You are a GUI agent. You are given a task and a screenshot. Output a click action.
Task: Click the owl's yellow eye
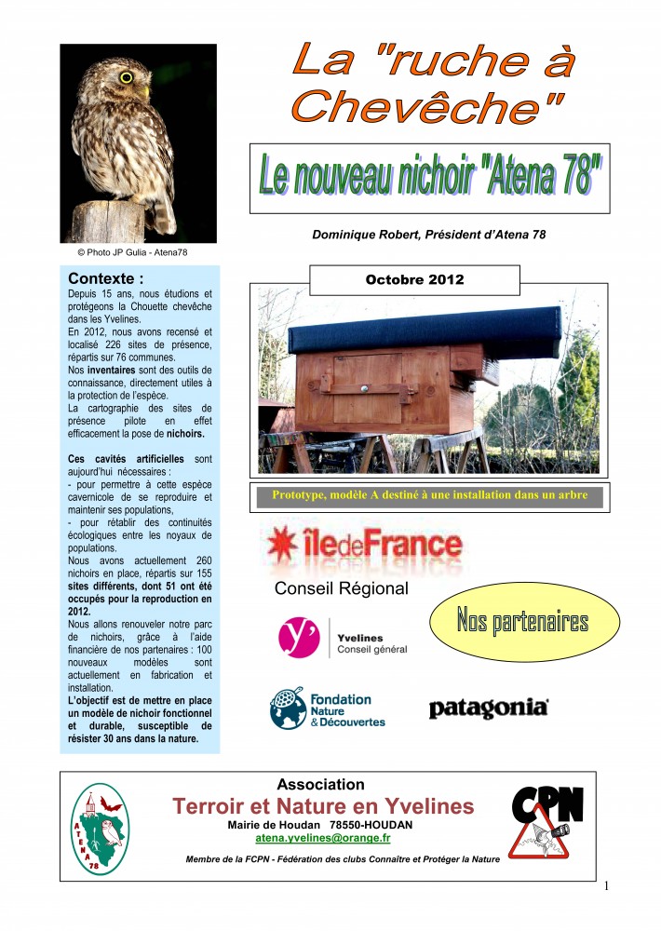click(126, 77)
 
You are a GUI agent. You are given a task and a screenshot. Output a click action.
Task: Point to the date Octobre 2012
click(414, 279)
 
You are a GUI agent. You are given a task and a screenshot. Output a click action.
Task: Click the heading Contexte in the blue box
click(106, 277)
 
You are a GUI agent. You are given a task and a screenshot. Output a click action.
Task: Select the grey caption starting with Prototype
click(429, 495)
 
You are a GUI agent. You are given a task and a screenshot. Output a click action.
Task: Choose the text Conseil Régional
click(341, 588)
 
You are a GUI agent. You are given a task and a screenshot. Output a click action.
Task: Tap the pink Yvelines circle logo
click(299, 638)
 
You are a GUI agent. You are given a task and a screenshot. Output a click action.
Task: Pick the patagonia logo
click(488, 709)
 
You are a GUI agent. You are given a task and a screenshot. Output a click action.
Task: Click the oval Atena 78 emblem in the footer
click(101, 828)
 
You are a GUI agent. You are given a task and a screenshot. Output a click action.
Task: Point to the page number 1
click(607, 884)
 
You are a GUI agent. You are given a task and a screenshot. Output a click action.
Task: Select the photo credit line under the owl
click(126, 251)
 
